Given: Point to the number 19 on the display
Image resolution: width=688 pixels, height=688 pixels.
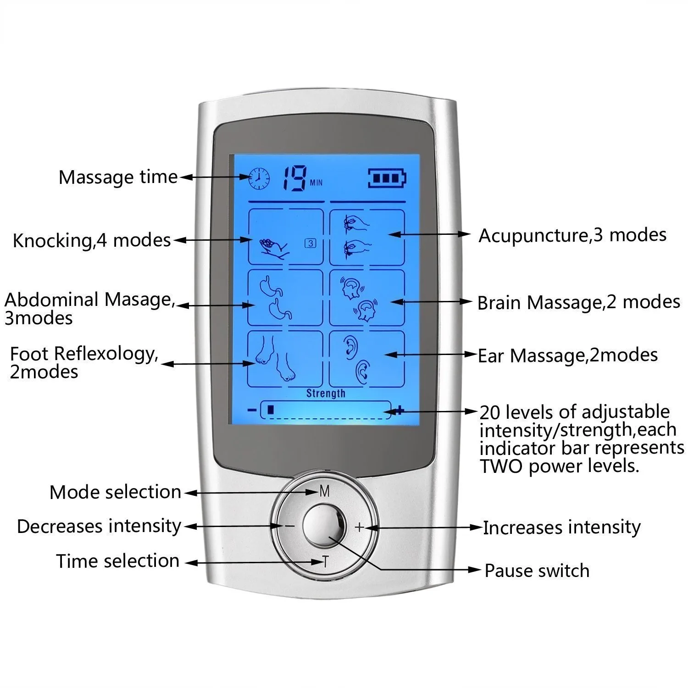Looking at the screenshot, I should point(294,178).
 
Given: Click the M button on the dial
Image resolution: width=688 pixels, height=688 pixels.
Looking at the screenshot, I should point(325,492).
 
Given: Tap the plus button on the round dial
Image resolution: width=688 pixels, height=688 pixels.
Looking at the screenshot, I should point(359,527).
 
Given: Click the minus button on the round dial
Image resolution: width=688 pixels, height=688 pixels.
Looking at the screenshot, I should point(289,526).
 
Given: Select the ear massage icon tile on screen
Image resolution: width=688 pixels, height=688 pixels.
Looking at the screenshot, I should point(367,359).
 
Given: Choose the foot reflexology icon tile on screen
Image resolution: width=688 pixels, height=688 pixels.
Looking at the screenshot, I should point(285,359).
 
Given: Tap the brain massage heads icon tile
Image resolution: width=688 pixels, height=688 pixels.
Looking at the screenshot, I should point(367,298).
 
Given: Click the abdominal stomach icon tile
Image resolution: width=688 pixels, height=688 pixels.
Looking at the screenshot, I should point(285,298).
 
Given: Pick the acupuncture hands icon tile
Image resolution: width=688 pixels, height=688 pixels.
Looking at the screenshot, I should point(367,237).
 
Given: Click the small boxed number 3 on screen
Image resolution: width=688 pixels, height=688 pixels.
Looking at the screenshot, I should point(311,244).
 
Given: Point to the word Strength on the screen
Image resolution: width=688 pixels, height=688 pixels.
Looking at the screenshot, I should point(326,393).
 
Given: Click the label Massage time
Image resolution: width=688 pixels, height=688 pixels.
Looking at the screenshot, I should point(118,177).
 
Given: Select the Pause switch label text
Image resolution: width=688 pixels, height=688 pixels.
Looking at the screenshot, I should point(537,571).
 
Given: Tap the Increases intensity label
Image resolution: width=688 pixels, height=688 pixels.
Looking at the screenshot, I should point(561,527).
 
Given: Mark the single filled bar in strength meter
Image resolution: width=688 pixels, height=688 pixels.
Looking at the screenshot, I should point(271,410).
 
